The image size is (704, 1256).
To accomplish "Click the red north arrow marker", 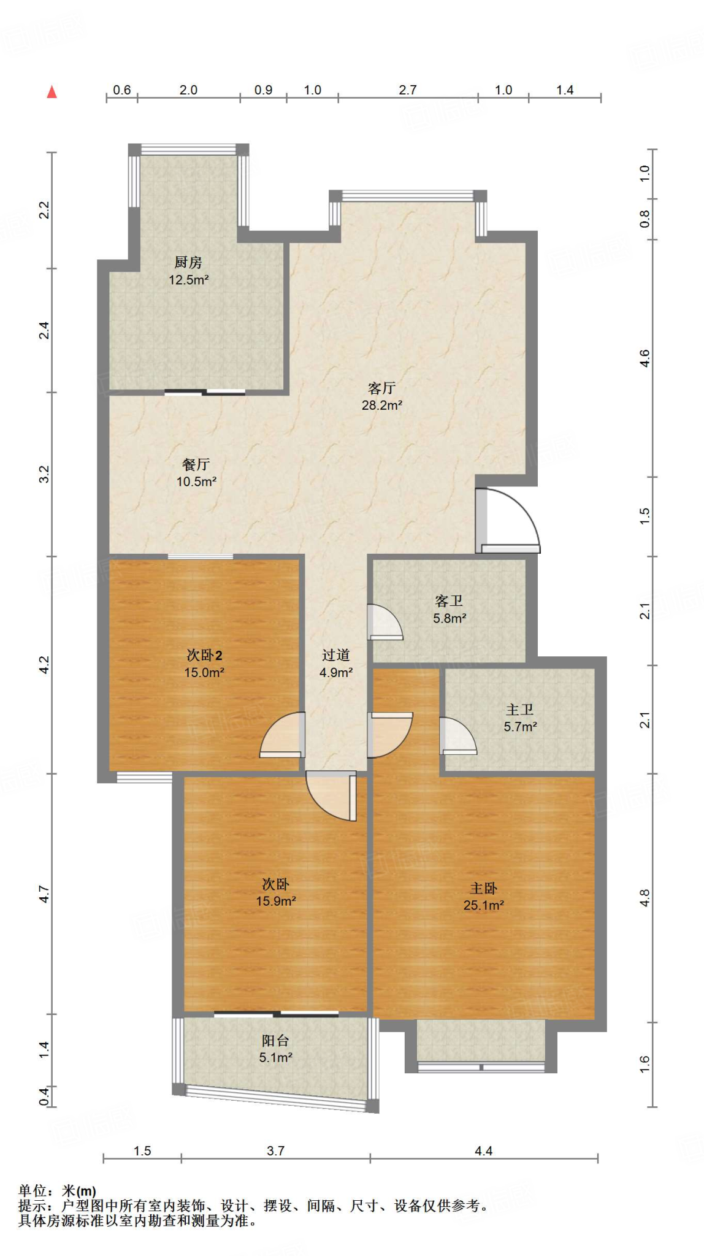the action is point(52,92).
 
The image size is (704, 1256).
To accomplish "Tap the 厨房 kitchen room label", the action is point(188,262).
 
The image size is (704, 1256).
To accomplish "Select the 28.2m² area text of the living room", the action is point(381,405).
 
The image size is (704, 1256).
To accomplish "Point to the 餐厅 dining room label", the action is point(196,465).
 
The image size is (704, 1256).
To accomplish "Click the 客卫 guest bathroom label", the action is point(449,602).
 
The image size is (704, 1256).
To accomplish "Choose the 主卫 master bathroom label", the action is point(520,710).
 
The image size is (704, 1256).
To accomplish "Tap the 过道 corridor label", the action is point(335,656).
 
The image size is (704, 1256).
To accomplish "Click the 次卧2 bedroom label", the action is point(204,656).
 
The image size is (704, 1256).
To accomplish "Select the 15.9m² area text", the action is point(276,901).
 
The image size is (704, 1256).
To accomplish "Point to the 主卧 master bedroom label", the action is point(484,889).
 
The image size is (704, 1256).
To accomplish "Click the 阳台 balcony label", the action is point(275,1041).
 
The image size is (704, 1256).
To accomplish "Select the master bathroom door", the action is point(458,735).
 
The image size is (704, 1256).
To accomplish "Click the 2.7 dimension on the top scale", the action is point(408,90).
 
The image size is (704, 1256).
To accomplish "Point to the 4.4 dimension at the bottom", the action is point(484,1151).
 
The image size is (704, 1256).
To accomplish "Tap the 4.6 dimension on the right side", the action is point(645,358).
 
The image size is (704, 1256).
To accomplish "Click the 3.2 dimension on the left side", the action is point(44,474).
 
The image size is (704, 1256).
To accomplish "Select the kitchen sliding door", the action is point(205,392).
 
